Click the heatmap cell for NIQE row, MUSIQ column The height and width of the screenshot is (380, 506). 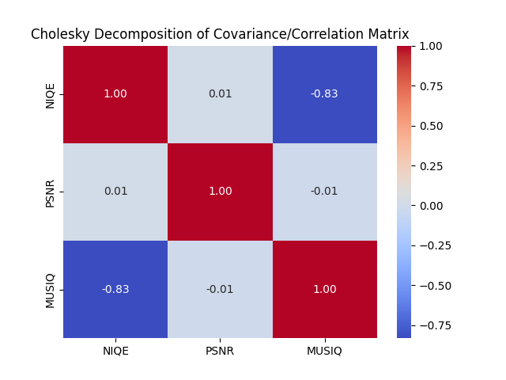pos(324,94)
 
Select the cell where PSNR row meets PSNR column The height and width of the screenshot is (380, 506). pos(220,192)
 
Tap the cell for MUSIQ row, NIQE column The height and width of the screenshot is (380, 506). pos(115,289)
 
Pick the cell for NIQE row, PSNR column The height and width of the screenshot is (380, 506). pos(220,94)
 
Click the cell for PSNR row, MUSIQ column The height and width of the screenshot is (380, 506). pos(324,192)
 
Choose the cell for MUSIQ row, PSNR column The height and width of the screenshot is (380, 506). pos(220,289)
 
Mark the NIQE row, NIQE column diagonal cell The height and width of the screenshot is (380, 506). pos(115,94)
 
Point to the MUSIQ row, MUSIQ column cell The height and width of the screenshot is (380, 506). pos(324,289)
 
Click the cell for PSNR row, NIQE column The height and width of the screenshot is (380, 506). pos(115,192)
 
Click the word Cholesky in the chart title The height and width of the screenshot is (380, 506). pos(58,34)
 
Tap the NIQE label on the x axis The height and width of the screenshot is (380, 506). pos(115,351)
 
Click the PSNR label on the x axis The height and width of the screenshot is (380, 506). pos(220,351)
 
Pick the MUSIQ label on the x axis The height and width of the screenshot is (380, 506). pos(324,351)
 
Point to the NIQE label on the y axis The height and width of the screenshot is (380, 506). pos(51,94)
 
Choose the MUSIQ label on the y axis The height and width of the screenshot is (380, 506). pos(51,289)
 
